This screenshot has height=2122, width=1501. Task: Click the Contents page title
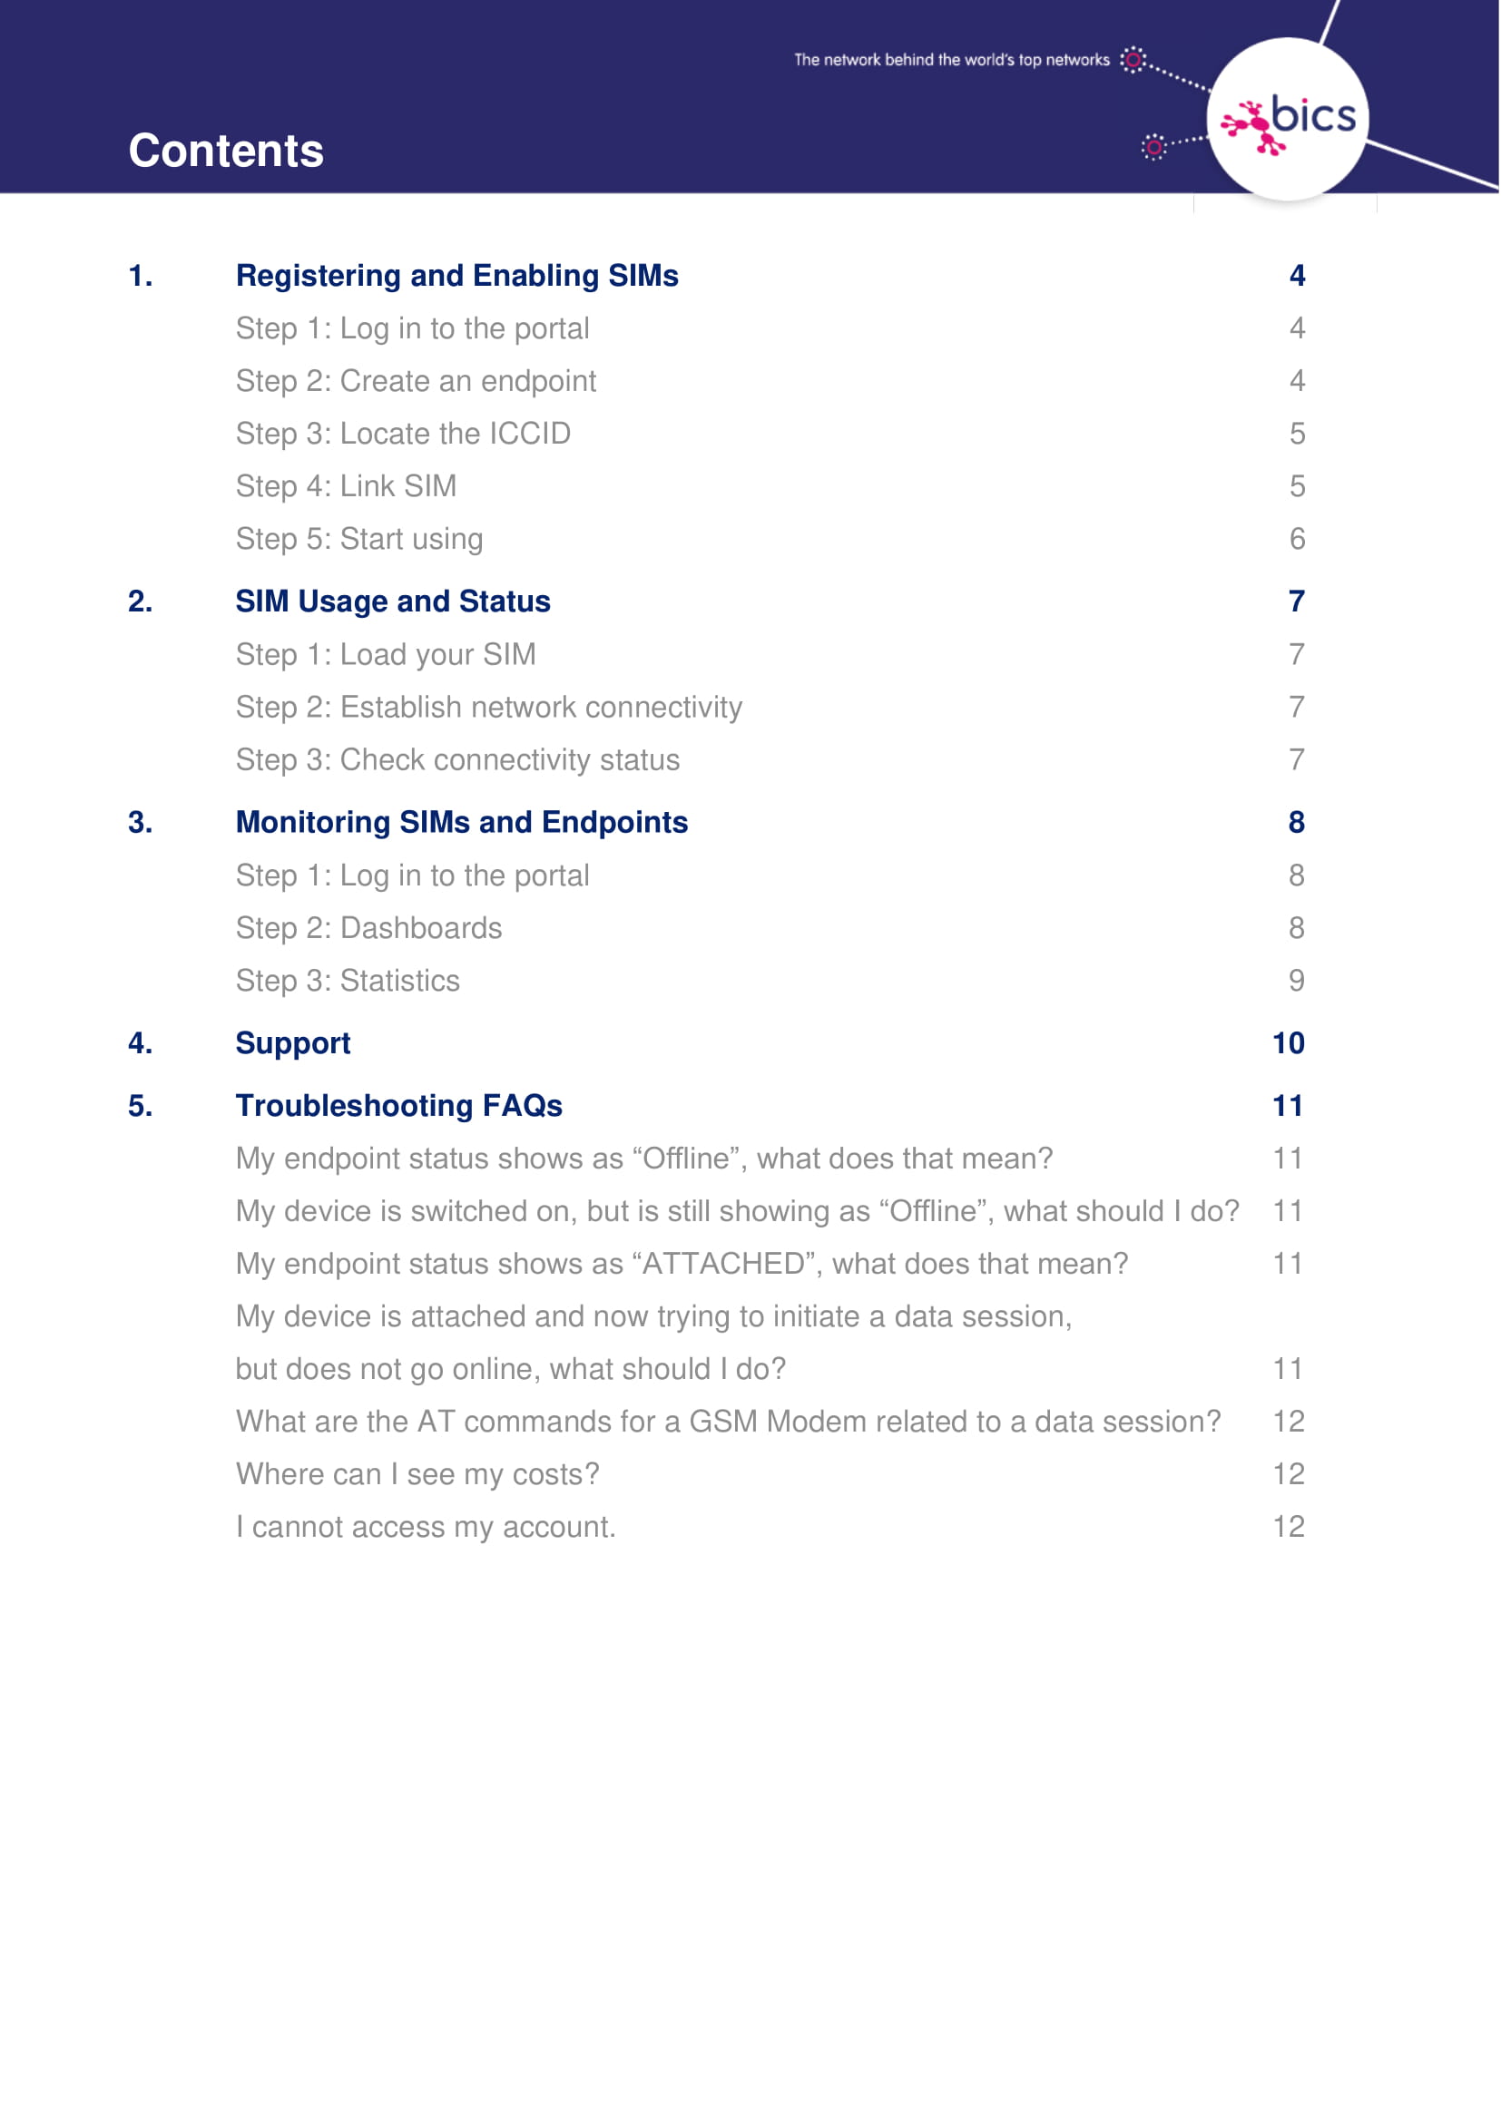pyautogui.click(x=226, y=151)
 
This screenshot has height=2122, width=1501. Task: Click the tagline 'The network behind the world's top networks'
pyautogui.click(x=951, y=60)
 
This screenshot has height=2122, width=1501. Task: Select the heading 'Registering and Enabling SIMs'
pyautogui.click(x=456, y=276)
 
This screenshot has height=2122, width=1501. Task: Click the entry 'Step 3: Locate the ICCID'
pyautogui.click(x=403, y=434)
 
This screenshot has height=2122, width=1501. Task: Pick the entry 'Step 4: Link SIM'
pyautogui.click(x=346, y=486)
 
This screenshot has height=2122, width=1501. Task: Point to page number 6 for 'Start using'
pyautogui.click(x=1297, y=539)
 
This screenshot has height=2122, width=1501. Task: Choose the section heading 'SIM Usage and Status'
pyautogui.click(x=393, y=601)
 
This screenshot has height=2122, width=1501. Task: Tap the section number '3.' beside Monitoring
pyautogui.click(x=141, y=823)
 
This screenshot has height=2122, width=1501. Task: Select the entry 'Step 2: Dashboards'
pyautogui.click(x=368, y=928)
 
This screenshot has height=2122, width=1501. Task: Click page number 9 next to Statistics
pyautogui.click(x=1296, y=981)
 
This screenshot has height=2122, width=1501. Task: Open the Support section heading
pyautogui.click(x=293, y=1043)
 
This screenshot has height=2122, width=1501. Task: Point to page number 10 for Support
pyautogui.click(x=1288, y=1043)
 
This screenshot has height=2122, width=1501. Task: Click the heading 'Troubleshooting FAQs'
pyautogui.click(x=398, y=1106)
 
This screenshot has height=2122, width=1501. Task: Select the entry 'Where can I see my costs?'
pyautogui.click(x=417, y=1474)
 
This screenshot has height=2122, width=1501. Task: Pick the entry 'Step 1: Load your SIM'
pyautogui.click(x=386, y=654)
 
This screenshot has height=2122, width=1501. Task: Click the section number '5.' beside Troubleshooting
pyautogui.click(x=141, y=1106)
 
